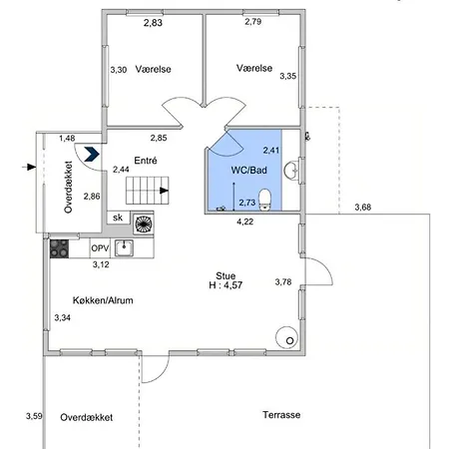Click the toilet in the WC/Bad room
coord(265,200)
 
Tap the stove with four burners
coord(59,248)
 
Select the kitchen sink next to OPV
coord(124,248)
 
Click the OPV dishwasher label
coord(100,248)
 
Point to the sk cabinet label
coord(118,218)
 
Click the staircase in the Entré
coord(148,191)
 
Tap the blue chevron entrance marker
coord(92,154)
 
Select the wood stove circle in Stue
coord(286,337)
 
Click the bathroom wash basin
coord(291,171)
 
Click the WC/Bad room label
coord(248,171)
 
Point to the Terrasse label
coord(281,415)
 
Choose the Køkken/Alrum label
coord(103,300)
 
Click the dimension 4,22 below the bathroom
coord(245,222)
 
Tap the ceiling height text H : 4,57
coord(225,285)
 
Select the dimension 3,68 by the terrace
coord(362,208)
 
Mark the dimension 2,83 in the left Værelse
coord(153,23)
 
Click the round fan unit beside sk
coord(144,224)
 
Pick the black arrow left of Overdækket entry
coord(29,167)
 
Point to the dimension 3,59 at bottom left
coord(34,416)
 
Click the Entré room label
coord(146,161)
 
